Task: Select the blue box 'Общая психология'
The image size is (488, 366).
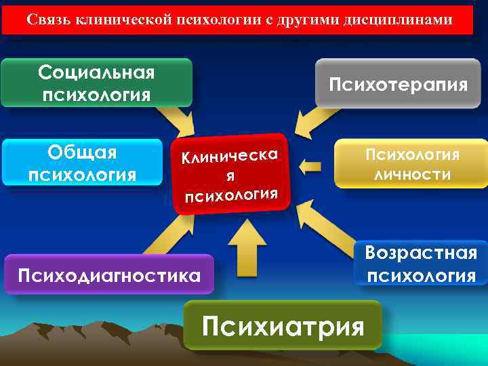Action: coord(82,163)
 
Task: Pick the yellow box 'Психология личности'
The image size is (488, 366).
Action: coord(412,163)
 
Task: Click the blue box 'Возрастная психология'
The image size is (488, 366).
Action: coord(421,264)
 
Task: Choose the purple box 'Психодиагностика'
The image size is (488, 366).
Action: coord(108,274)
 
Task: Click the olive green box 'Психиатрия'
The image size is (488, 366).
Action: coord(283,326)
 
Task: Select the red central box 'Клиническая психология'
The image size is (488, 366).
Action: coord(230,174)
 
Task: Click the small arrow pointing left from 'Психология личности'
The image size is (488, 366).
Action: coord(311,165)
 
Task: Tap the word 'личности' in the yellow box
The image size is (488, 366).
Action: coord(412,174)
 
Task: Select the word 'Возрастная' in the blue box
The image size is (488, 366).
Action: coord(421,253)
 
